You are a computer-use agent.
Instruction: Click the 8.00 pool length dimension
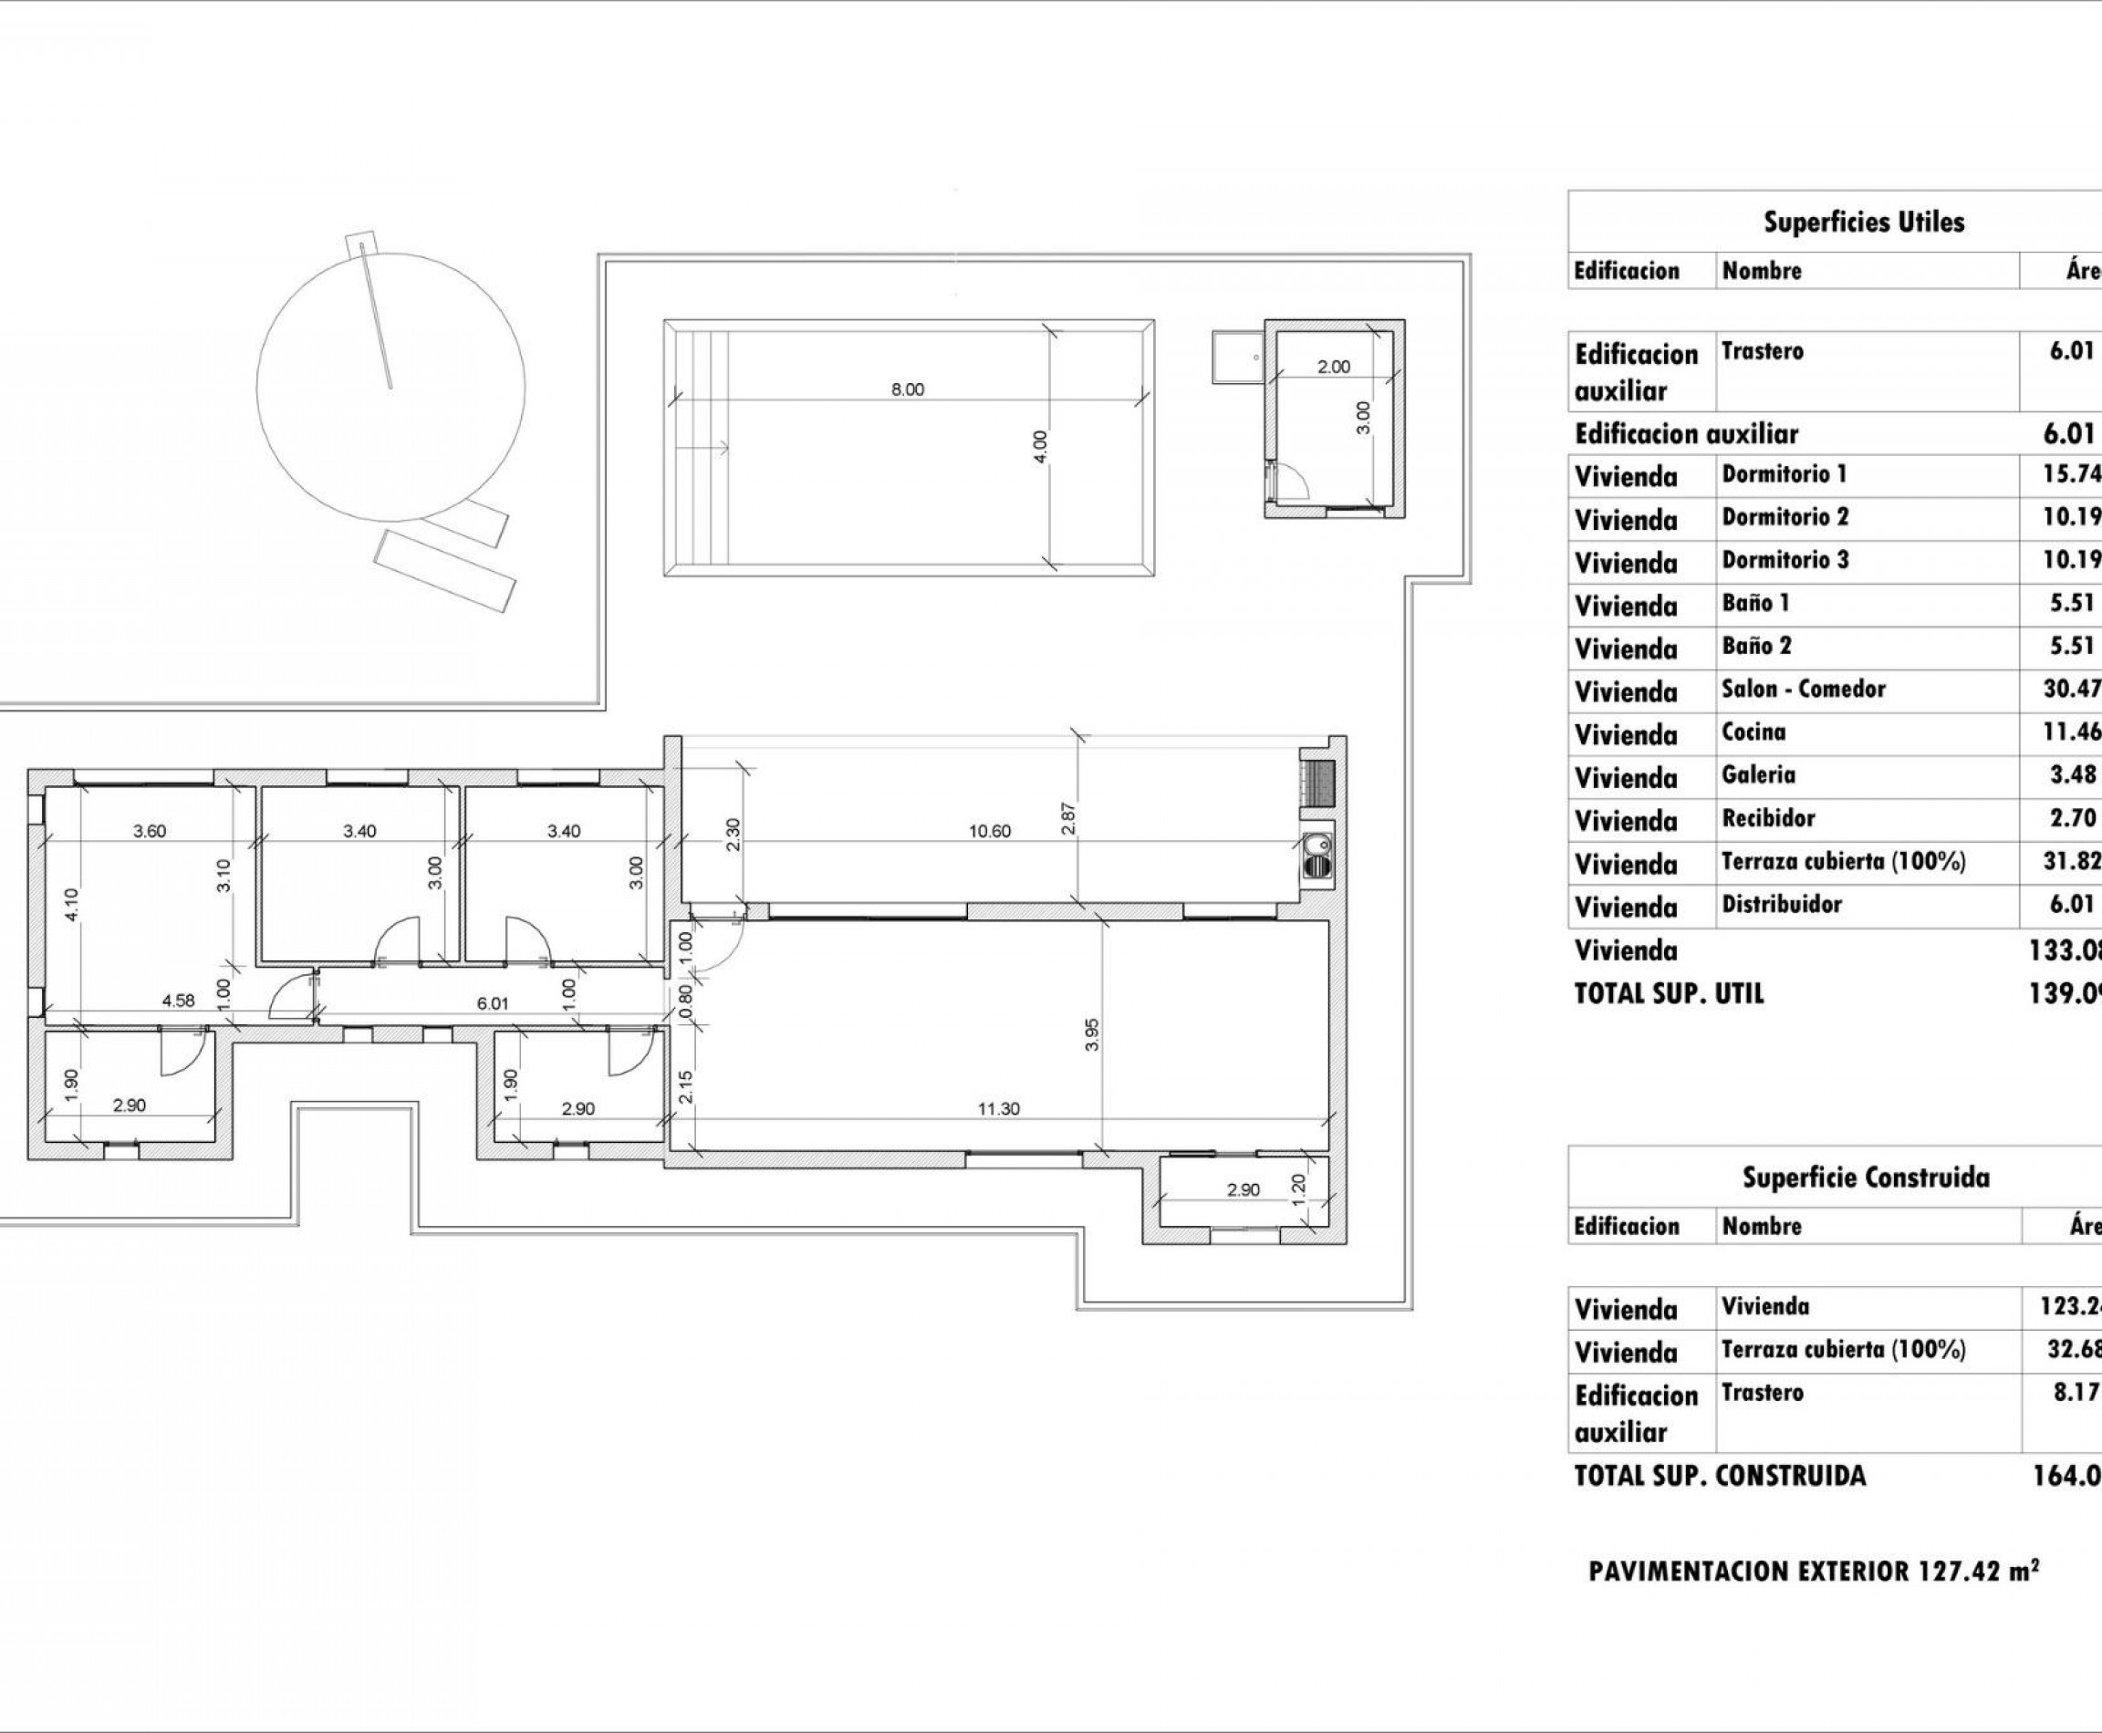(907, 389)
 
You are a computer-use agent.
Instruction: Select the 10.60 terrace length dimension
(989, 831)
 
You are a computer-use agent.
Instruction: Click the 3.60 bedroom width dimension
(150, 831)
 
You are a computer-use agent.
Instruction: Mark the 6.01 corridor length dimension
(493, 1003)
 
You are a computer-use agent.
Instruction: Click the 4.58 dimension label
(178, 1001)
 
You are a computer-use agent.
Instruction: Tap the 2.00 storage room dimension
(1333, 367)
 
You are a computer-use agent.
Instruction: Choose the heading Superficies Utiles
(1863, 222)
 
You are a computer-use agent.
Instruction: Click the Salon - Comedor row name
(1803, 689)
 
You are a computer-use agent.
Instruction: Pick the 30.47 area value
(2071, 689)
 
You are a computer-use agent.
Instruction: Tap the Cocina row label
(1753, 732)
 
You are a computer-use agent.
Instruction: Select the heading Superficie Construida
(1866, 1178)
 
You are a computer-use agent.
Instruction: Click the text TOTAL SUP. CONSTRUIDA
(1719, 1476)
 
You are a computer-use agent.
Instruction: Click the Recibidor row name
(1767, 818)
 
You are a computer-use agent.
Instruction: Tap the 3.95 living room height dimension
(1091, 1033)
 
